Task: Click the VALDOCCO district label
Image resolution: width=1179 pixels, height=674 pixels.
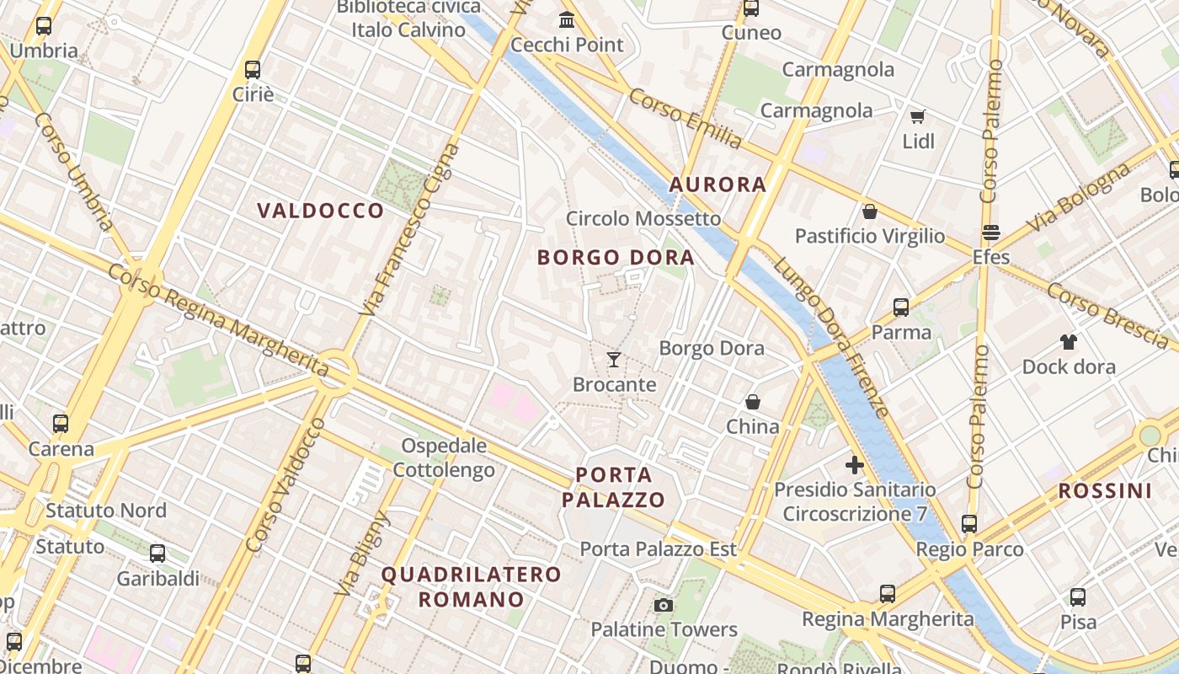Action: (320, 211)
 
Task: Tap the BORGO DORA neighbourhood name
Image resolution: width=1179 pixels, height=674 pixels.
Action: (616, 257)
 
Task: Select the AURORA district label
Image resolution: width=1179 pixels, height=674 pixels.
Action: (718, 185)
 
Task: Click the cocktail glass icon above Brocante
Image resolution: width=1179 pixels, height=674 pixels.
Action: (614, 360)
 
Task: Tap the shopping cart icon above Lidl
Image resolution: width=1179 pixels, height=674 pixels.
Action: (917, 116)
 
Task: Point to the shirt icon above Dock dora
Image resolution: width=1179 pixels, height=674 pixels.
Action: (1068, 341)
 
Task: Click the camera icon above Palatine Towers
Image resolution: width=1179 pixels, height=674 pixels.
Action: (664, 605)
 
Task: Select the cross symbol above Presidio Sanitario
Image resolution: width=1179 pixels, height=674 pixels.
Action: (855, 464)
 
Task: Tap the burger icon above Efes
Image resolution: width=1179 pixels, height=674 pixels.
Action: (990, 232)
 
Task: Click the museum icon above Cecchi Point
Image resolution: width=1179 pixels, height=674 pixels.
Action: (567, 19)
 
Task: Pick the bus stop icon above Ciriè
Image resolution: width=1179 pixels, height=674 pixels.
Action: (252, 69)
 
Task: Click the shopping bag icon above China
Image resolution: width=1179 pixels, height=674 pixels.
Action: (752, 402)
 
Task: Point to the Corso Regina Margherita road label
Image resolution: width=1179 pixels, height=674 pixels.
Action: (217, 320)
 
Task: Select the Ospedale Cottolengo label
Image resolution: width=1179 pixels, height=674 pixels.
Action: (444, 457)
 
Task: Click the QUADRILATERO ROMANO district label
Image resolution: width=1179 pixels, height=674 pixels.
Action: (471, 586)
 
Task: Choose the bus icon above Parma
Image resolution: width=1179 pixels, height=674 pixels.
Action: (901, 308)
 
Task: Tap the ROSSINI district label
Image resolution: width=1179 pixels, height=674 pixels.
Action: (1105, 490)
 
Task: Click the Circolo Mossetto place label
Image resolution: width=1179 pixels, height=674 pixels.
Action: (643, 219)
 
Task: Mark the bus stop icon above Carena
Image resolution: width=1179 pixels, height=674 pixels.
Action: (60, 424)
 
